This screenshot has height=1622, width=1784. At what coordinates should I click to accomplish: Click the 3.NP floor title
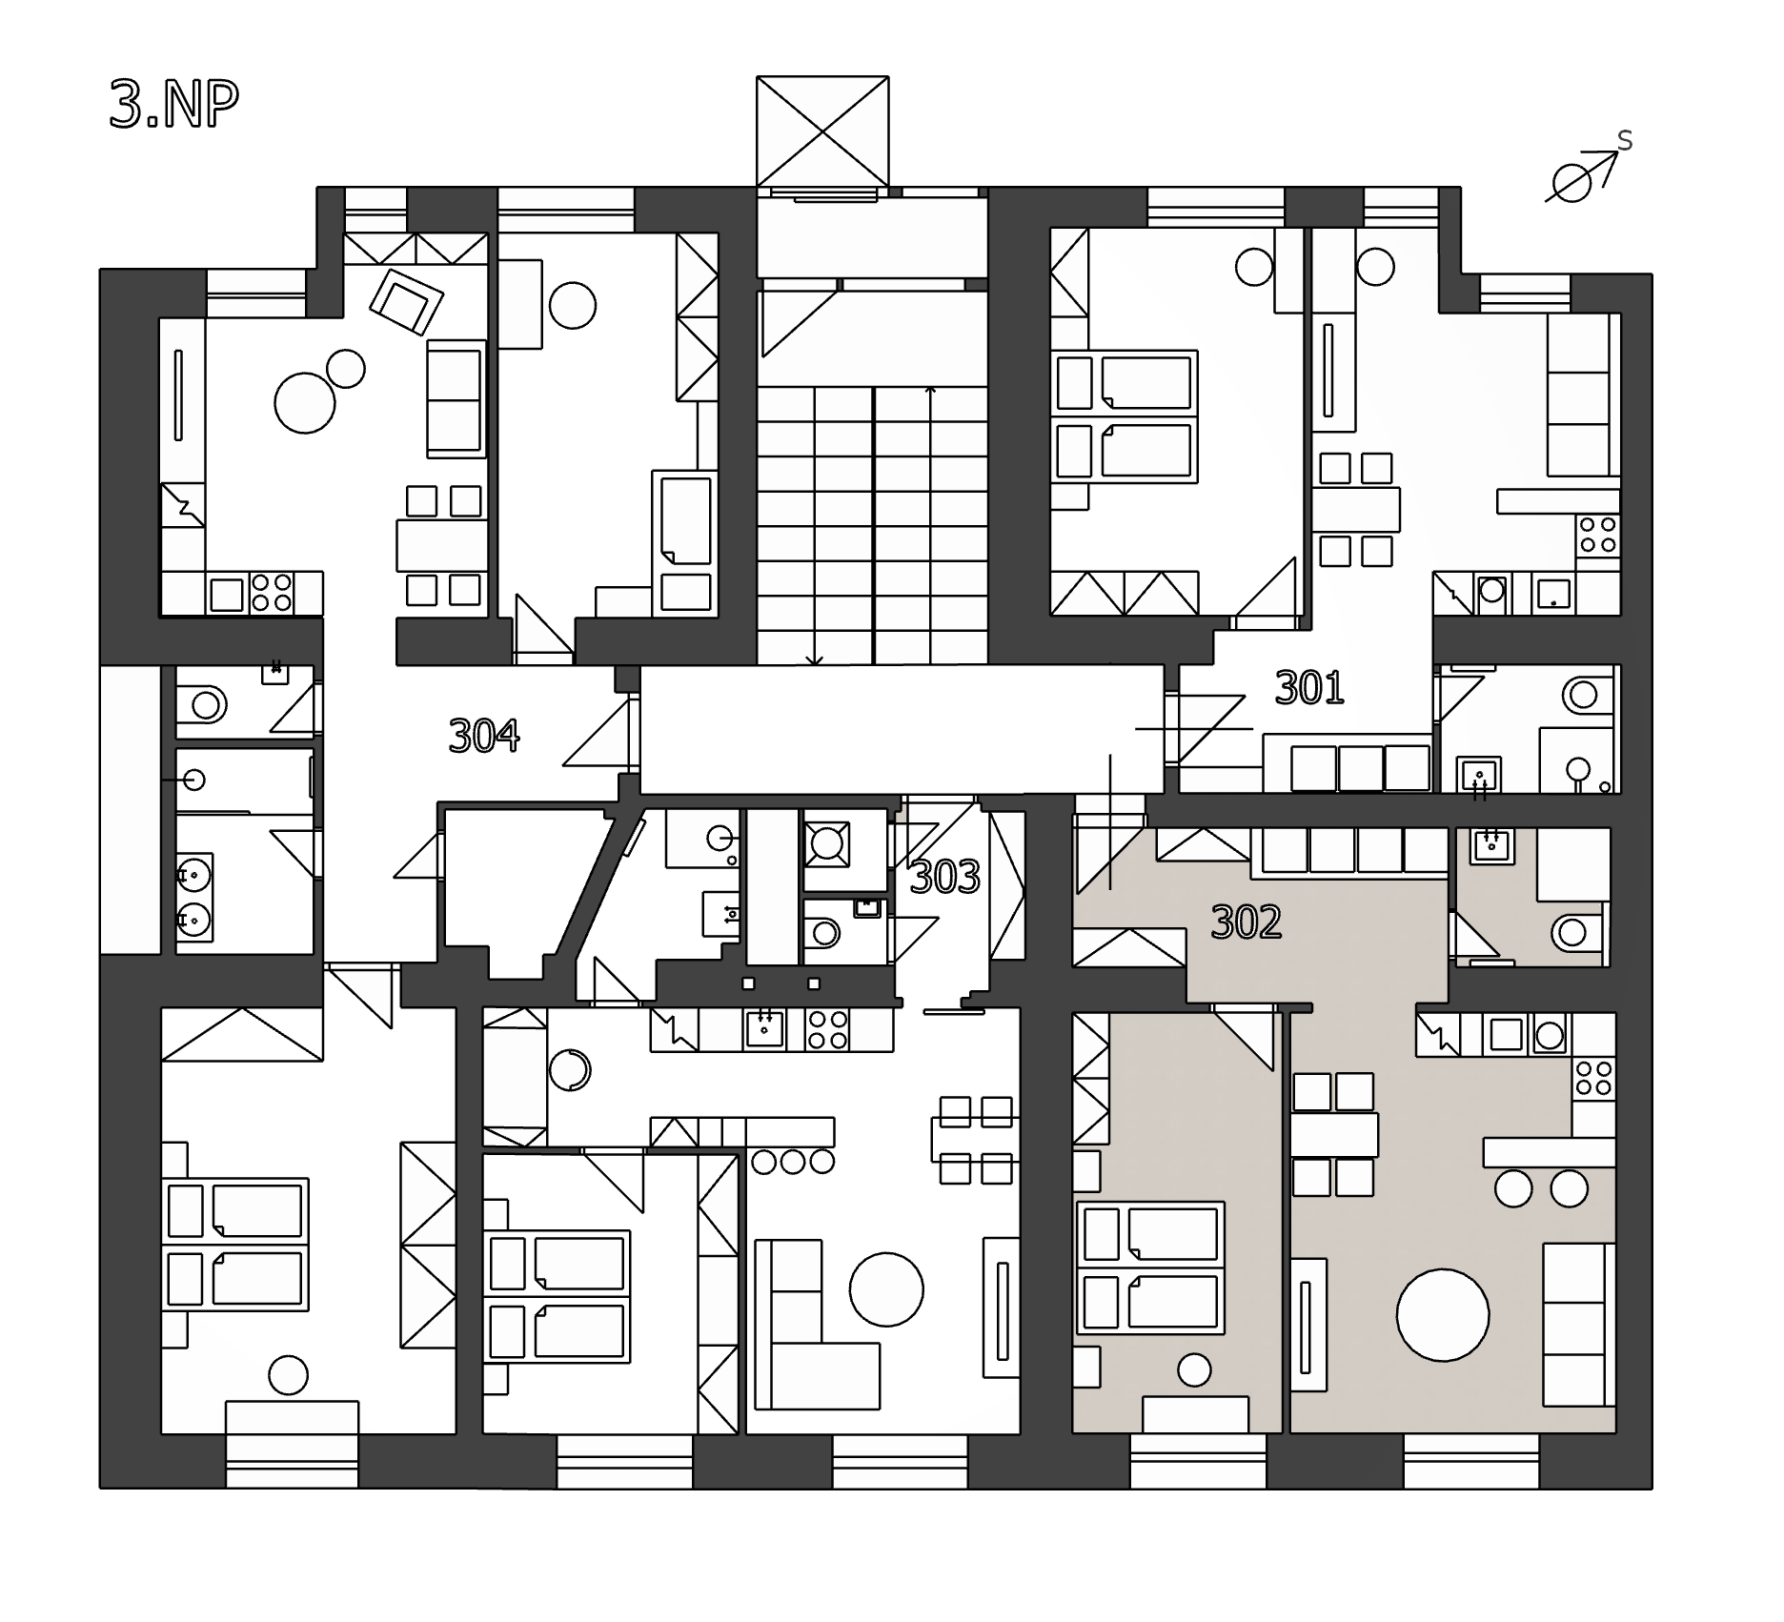tap(173, 105)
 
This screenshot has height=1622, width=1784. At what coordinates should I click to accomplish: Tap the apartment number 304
tap(484, 736)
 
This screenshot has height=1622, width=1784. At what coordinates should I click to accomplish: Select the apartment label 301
tap(1309, 687)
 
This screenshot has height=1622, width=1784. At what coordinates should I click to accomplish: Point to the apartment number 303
tap(944, 878)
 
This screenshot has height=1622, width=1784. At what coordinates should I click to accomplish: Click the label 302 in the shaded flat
tap(1247, 922)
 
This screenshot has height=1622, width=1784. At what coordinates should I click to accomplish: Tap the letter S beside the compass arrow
tap(1625, 141)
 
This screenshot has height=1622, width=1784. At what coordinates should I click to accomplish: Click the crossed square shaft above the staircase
tap(822, 132)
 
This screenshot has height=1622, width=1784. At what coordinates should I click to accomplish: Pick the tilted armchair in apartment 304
tap(407, 301)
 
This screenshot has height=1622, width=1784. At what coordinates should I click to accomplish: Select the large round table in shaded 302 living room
tap(1443, 1315)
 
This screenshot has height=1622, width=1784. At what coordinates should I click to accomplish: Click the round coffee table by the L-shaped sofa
tap(886, 1290)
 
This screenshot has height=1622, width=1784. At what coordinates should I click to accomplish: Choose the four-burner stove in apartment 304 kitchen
tap(271, 592)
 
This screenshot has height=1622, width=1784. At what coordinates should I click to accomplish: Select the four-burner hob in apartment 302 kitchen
tap(1593, 1079)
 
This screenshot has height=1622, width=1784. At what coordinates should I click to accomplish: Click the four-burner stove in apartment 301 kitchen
tap(1598, 535)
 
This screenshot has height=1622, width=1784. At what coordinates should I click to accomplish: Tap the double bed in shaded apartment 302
tap(1150, 1267)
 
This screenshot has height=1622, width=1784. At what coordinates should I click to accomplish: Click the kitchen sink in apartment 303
tap(763, 1029)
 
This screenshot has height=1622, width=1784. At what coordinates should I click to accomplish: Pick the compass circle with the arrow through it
tap(1572, 182)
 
